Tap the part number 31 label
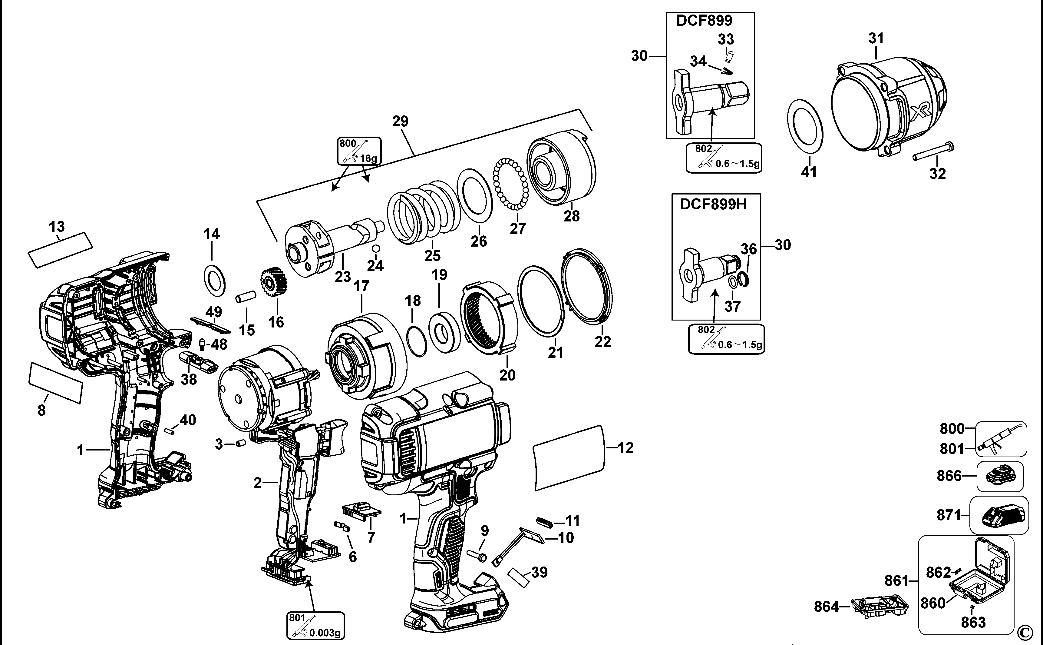[876, 38]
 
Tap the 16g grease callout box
[359, 151]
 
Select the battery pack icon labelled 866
[999, 476]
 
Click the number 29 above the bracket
[400, 121]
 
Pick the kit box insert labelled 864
[879, 607]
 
